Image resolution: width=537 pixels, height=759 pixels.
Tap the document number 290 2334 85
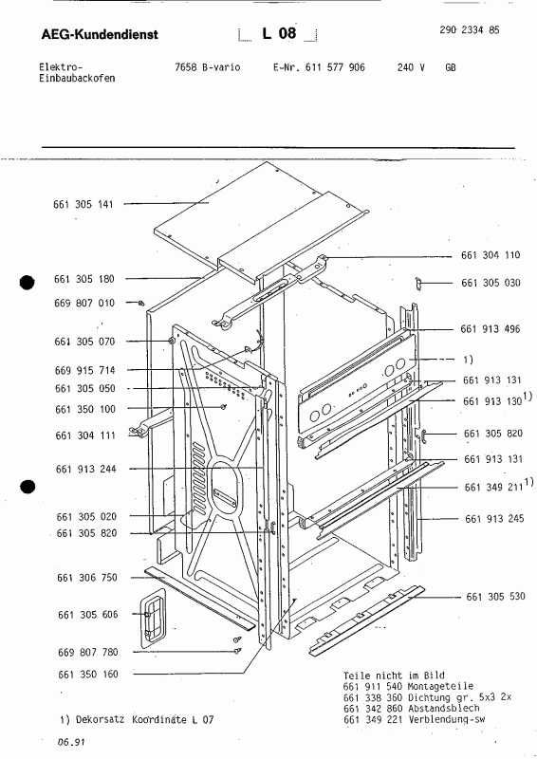click(x=471, y=31)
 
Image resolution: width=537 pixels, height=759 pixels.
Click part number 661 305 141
click(x=84, y=204)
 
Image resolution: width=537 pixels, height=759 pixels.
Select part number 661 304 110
click(x=491, y=256)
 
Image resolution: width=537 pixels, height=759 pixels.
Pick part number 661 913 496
click(x=492, y=329)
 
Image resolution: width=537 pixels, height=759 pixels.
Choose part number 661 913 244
click(x=84, y=469)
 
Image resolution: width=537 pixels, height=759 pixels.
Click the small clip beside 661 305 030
click(x=417, y=282)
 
